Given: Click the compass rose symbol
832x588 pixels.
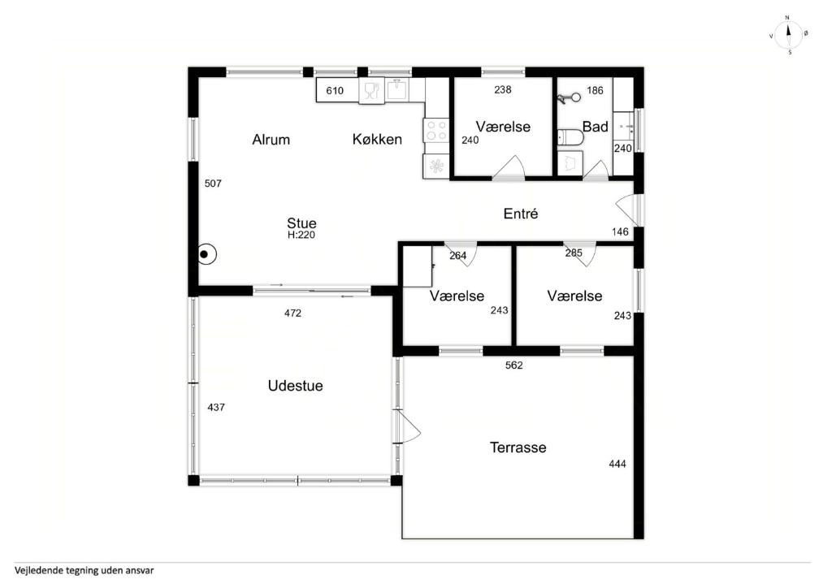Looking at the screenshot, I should [788, 35].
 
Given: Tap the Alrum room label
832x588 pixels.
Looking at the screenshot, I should [271, 140].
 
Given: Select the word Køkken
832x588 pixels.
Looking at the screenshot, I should [377, 140].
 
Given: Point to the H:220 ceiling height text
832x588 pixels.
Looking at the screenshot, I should [301, 235].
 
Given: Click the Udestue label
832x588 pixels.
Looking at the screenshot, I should [295, 386].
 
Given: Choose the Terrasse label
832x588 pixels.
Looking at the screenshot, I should [518, 447].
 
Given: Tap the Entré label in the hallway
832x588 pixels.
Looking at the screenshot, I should [521, 214].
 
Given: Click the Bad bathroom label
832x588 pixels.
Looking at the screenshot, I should [595, 127].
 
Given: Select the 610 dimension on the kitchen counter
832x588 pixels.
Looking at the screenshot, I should [335, 91].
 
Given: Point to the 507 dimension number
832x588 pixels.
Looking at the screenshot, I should [213, 184].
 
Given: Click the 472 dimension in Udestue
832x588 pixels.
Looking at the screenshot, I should [292, 313].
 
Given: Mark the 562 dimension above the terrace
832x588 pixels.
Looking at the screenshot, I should [513, 365].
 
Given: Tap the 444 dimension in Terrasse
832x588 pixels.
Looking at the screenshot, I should [617, 464].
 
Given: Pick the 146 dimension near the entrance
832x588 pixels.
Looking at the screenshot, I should [620, 231].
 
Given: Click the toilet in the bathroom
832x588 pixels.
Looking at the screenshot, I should [570, 137].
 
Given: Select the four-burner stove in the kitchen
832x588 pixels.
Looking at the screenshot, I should [436, 130].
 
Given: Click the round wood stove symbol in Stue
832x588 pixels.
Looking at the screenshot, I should [207, 255].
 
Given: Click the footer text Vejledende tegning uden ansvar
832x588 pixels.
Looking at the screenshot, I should [84, 570].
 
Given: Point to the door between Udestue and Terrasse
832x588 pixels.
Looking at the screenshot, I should [408, 426].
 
